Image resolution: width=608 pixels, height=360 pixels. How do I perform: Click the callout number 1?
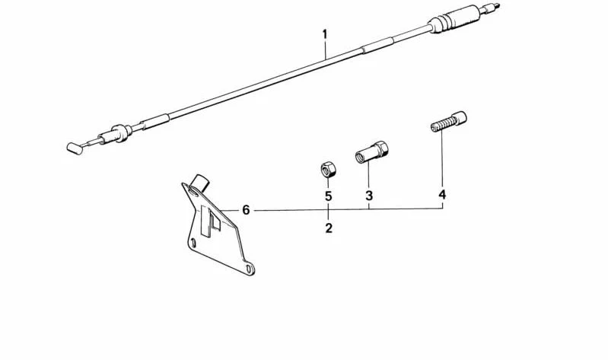tap(325, 34)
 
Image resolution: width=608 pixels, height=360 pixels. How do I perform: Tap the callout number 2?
tap(329, 228)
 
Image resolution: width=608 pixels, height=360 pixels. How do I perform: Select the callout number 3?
tap(369, 195)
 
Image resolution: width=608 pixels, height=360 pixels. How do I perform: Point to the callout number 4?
tap(442, 194)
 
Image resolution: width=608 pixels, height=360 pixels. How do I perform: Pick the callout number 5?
tap(329, 196)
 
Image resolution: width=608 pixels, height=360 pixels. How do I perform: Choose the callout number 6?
tap(246, 210)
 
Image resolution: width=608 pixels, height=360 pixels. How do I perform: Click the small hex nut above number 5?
tap(329, 170)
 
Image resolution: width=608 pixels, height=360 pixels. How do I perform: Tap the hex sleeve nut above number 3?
tap(371, 152)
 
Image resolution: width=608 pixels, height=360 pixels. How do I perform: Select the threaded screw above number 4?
tap(449, 122)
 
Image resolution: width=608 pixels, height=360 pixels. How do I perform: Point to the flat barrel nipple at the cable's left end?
tap(75, 148)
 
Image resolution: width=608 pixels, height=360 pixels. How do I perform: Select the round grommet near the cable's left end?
tap(123, 132)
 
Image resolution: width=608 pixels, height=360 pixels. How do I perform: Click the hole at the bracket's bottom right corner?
tap(249, 269)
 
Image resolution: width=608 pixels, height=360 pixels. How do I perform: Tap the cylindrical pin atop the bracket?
tap(201, 183)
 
